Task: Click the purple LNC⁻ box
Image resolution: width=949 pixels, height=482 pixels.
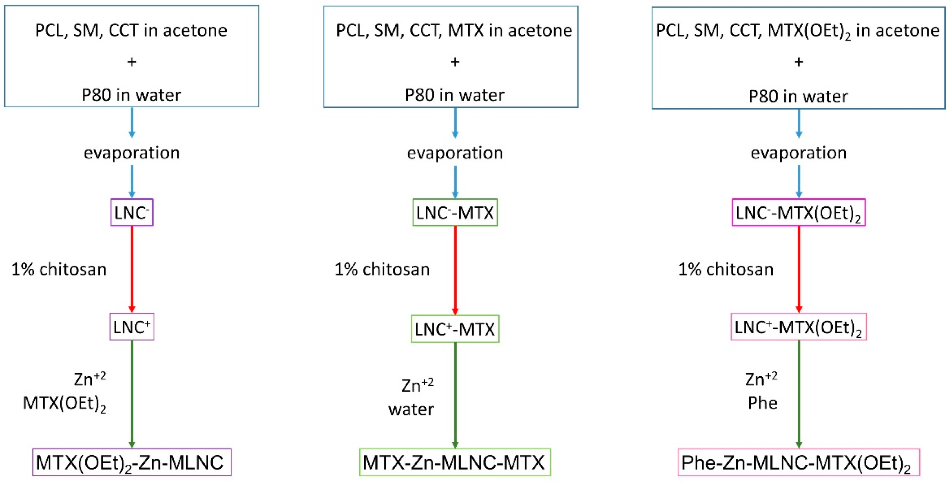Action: click(131, 213)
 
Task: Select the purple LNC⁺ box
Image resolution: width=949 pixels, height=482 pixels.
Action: click(131, 327)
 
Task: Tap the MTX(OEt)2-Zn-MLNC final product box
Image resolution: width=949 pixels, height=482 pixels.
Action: click(131, 462)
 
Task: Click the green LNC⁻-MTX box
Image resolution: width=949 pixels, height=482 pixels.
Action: click(455, 213)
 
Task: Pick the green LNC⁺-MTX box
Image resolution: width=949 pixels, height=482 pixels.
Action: click(455, 329)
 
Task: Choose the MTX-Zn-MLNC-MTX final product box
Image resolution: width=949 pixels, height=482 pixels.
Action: click(455, 462)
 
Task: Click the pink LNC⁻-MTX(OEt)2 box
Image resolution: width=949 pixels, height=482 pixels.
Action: click(799, 213)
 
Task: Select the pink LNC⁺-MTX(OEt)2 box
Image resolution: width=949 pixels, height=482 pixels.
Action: click(799, 327)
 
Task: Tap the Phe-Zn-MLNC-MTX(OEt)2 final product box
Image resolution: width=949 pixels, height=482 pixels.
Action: click(799, 462)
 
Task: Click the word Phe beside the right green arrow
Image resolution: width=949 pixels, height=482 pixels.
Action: click(763, 403)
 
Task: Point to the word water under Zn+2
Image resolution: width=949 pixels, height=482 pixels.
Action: click(411, 409)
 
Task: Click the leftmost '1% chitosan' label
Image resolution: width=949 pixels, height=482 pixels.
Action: click(59, 269)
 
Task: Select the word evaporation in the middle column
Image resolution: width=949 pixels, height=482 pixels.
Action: click(455, 153)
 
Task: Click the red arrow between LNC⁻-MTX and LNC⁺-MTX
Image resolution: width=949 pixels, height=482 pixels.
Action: click(455, 269)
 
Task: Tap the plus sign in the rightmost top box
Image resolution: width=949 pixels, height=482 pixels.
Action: click(799, 62)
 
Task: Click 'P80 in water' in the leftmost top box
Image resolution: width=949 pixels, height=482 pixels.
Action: click(131, 95)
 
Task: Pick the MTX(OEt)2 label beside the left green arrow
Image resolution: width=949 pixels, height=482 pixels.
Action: click(64, 404)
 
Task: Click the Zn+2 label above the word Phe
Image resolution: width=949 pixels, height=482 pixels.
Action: click(761, 379)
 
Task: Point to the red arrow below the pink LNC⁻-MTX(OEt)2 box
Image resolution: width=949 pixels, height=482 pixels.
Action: click(799, 269)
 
